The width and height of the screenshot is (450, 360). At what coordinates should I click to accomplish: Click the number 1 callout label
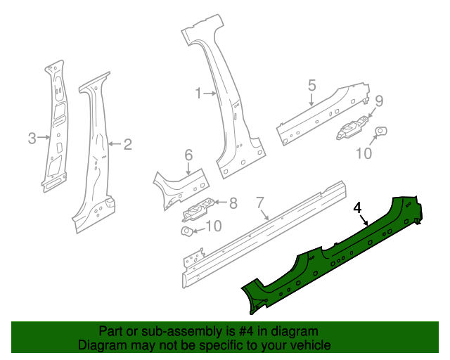coord(198,93)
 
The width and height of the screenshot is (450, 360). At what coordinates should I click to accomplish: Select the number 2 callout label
coord(127,145)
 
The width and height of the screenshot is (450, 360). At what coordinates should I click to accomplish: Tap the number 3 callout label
coord(32,139)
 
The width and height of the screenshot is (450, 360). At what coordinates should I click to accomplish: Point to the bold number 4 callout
coord(357,207)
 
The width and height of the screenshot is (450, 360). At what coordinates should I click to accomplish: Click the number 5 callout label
coord(311,85)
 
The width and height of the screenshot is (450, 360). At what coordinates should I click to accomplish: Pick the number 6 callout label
coord(188,155)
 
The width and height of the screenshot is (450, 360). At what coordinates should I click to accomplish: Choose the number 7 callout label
coord(259,202)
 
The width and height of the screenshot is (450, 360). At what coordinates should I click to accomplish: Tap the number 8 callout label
coord(233,204)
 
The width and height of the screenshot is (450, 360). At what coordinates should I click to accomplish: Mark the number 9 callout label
coord(378,100)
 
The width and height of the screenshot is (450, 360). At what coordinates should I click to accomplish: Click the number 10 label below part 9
coord(364,153)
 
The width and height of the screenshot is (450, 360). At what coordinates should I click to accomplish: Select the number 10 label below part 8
coord(212,226)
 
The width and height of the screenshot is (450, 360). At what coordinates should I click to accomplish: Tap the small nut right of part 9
coord(381,130)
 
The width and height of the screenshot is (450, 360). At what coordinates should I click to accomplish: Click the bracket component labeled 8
coord(198,209)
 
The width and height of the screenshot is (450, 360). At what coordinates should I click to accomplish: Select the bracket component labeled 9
coord(352,127)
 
